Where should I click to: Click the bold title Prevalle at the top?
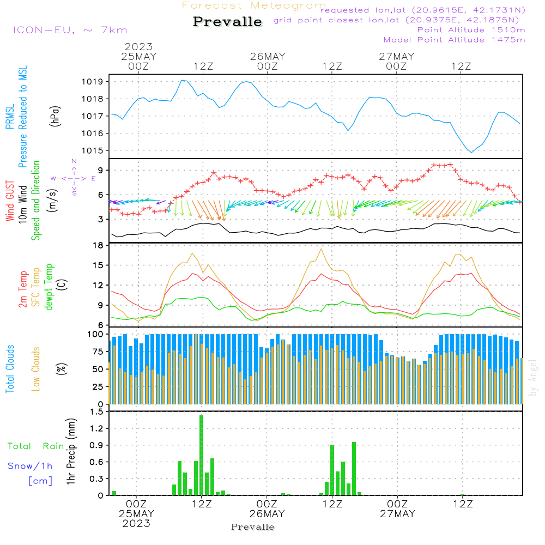pyautogui.click(x=227, y=22)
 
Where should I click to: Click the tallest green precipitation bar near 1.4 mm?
pyautogui.click(x=202, y=455)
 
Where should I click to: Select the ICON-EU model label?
pyautogui.click(x=70, y=30)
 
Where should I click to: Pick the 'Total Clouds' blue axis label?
pyautogui.click(x=10, y=369)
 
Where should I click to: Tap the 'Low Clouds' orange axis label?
pyautogui.click(x=36, y=369)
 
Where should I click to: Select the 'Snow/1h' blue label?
pyautogui.click(x=31, y=466)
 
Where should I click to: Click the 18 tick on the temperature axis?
pyautogui.click(x=98, y=246)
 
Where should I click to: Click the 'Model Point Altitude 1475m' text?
pyautogui.click(x=454, y=40)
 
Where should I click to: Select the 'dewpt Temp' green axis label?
pyautogui.click(x=49, y=287)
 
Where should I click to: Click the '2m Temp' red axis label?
pyautogui.click(x=23, y=287)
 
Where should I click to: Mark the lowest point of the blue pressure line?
pyautogui.click(x=471, y=152)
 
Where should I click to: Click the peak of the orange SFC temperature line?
pyautogui.click(x=322, y=249)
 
